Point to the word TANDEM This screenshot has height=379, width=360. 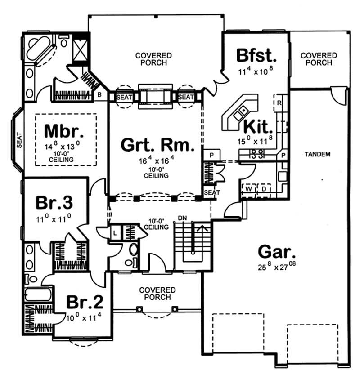click(x=318, y=155)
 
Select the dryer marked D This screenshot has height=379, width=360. click(x=264, y=189)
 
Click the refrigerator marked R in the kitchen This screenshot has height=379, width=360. click(x=279, y=102)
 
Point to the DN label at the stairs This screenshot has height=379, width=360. click(x=182, y=218)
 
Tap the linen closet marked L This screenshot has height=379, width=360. click(x=115, y=232)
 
